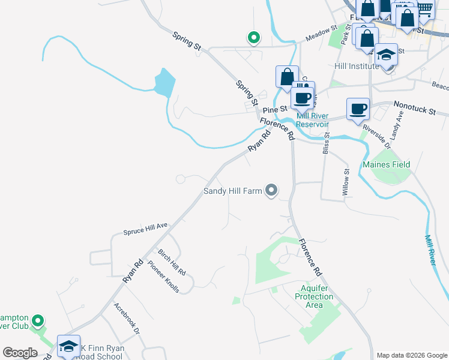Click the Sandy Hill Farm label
(233, 191)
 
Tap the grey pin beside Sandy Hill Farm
(271, 191)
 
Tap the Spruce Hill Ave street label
(145, 229)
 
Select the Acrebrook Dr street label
(126, 317)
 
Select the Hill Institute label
(357, 66)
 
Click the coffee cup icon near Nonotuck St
(358, 109)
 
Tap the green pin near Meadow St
(254, 38)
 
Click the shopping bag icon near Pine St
(287, 77)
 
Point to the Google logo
(20, 353)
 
